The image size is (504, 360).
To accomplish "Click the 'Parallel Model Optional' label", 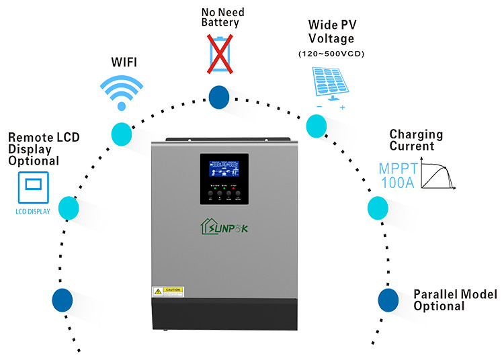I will (455, 300).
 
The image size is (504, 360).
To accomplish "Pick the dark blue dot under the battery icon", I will (218, 97).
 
